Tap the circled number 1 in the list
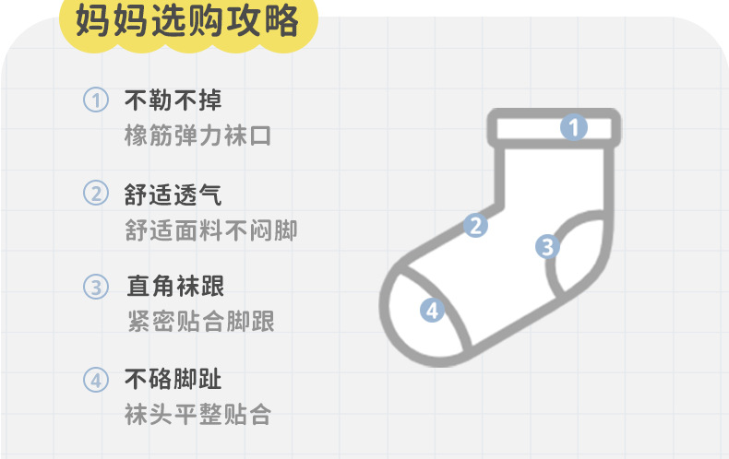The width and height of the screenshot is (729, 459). [96, 100]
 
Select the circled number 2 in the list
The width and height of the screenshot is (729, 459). [96, 194]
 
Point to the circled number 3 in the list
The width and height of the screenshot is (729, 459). [96, 287]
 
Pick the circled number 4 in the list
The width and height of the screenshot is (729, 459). [96, 379]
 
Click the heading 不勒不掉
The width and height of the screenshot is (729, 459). [173, 100]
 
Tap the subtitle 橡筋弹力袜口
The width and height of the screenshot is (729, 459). [197, 136]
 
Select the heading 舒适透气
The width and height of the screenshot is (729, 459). [173, 194]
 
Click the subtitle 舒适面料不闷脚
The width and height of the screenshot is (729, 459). [210, 230]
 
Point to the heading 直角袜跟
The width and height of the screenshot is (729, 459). [175, 287]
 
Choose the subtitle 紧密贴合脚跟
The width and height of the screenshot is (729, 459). [200, 322]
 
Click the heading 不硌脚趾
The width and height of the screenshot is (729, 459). [173, 379]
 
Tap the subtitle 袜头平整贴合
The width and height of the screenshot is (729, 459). [197, 415]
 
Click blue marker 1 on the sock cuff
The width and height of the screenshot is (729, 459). [574, 127]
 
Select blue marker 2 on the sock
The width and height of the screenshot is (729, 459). [475, 225]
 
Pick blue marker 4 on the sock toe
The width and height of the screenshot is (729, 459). [432, 310]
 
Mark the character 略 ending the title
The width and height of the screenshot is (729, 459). [284, 22]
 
